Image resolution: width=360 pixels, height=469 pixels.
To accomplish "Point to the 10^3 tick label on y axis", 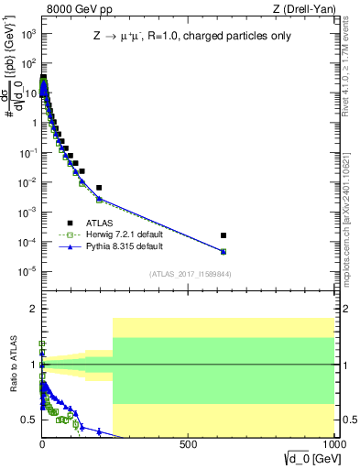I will [x=28, y=34].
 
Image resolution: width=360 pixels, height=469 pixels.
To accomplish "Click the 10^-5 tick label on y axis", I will [x=27, y=270].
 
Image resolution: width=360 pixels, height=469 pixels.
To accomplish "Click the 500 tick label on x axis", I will [x=189, y=444].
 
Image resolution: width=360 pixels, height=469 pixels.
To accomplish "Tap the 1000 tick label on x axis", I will [x=331, y=444].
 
